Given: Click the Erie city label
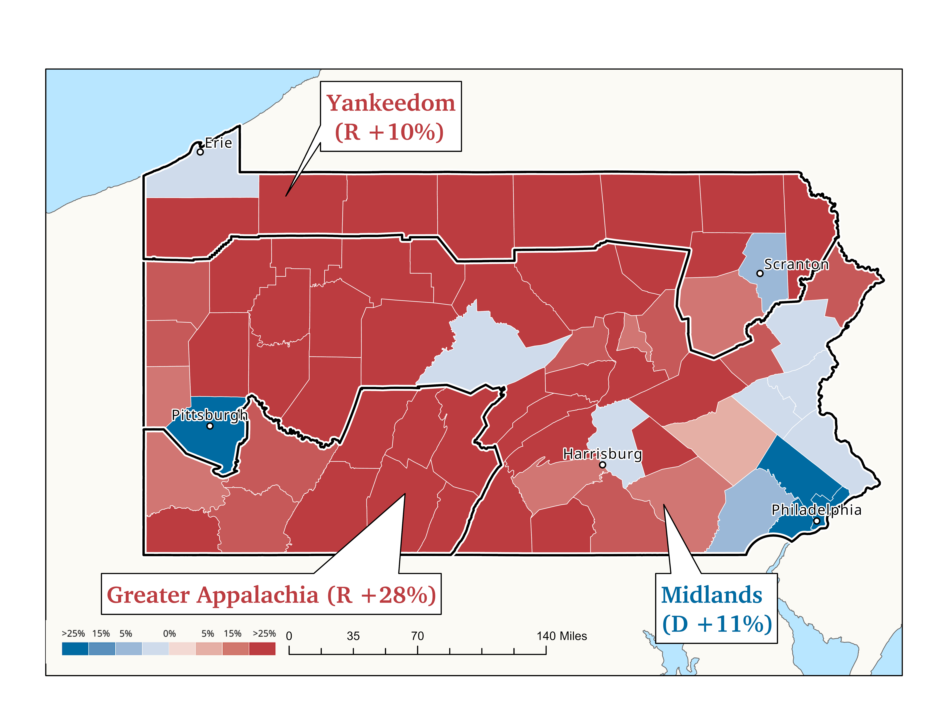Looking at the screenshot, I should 218,143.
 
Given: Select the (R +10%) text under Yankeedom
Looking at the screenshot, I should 390,132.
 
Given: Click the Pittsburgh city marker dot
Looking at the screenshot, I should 210,426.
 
